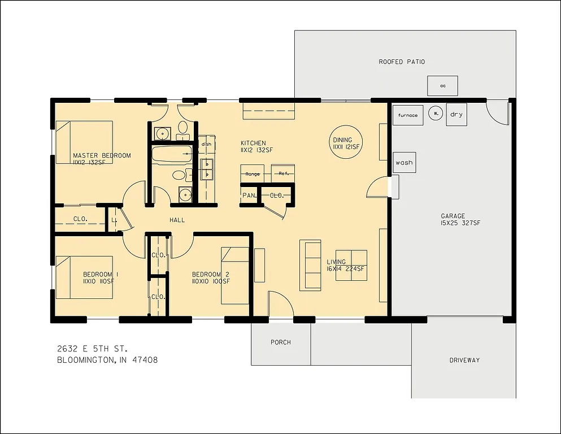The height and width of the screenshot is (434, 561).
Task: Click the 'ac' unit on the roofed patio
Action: click(442, 86)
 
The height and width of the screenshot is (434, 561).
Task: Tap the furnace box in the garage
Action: click(407, 115)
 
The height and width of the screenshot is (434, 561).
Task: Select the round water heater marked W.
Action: click(436, 113)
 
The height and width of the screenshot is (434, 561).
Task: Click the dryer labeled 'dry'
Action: click(456, 115)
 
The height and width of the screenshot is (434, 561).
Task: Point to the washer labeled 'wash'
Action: click(403, 163)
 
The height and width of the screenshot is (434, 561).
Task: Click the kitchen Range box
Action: click(253, 174)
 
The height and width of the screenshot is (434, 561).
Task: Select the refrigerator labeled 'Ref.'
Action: click(283, 173)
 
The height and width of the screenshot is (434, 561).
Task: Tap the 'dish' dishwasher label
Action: click(206, 144)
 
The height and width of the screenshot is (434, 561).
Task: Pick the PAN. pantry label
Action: click(249, 196)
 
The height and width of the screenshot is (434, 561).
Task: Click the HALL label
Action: click(177, 220)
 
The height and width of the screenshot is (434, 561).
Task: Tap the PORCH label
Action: click(281, 342)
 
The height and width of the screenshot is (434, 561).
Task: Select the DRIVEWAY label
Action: click(464, 360)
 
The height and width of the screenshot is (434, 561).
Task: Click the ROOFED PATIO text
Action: click(402, 62)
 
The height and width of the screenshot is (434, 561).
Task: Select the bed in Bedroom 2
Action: click(234, 275)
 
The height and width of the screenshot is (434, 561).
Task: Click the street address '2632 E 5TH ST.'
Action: click(95, 348)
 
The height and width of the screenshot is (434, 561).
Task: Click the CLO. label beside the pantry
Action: click(277, 196)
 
